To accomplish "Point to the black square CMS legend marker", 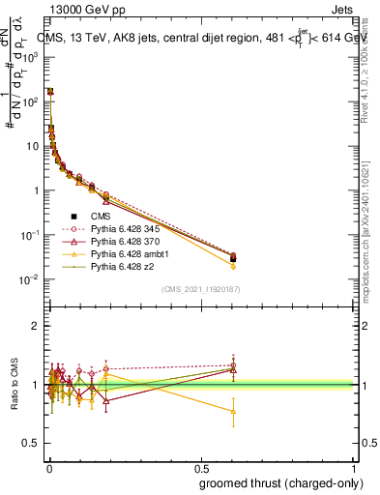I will tap(73, 216).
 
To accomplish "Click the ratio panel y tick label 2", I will tap(36, 326).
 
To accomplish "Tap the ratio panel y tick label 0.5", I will tap(32, 443).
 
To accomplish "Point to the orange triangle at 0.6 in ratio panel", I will tap(233, 411).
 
